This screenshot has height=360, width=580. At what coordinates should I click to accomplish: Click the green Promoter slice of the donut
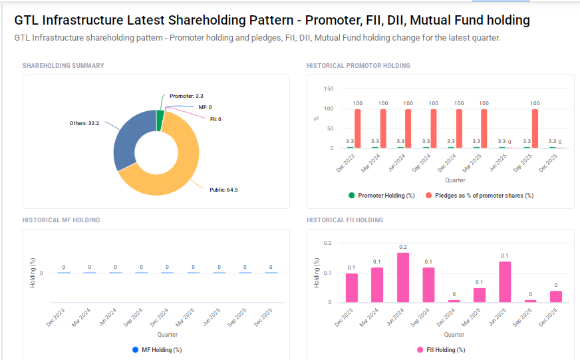pos(160,120)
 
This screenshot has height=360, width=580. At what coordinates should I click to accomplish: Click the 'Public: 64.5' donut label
pos(223,190)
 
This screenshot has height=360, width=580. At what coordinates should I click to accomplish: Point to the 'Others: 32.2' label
pos(84,123)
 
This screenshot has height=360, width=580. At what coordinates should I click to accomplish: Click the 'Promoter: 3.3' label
pos(186,96)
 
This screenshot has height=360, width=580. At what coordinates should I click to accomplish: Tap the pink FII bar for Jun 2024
pos(403,277)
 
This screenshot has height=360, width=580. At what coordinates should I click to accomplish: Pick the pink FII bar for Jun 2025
pos(505,282)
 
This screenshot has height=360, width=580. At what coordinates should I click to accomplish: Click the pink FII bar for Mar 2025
pos(480,295)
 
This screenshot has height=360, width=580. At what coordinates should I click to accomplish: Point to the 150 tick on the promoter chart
pos(328,89)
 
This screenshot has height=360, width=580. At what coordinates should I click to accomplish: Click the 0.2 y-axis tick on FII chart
pos(327,243)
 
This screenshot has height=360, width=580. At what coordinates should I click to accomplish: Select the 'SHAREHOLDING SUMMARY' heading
pos(63,66)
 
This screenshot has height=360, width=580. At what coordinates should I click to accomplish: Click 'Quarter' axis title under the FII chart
pos(454,334)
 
